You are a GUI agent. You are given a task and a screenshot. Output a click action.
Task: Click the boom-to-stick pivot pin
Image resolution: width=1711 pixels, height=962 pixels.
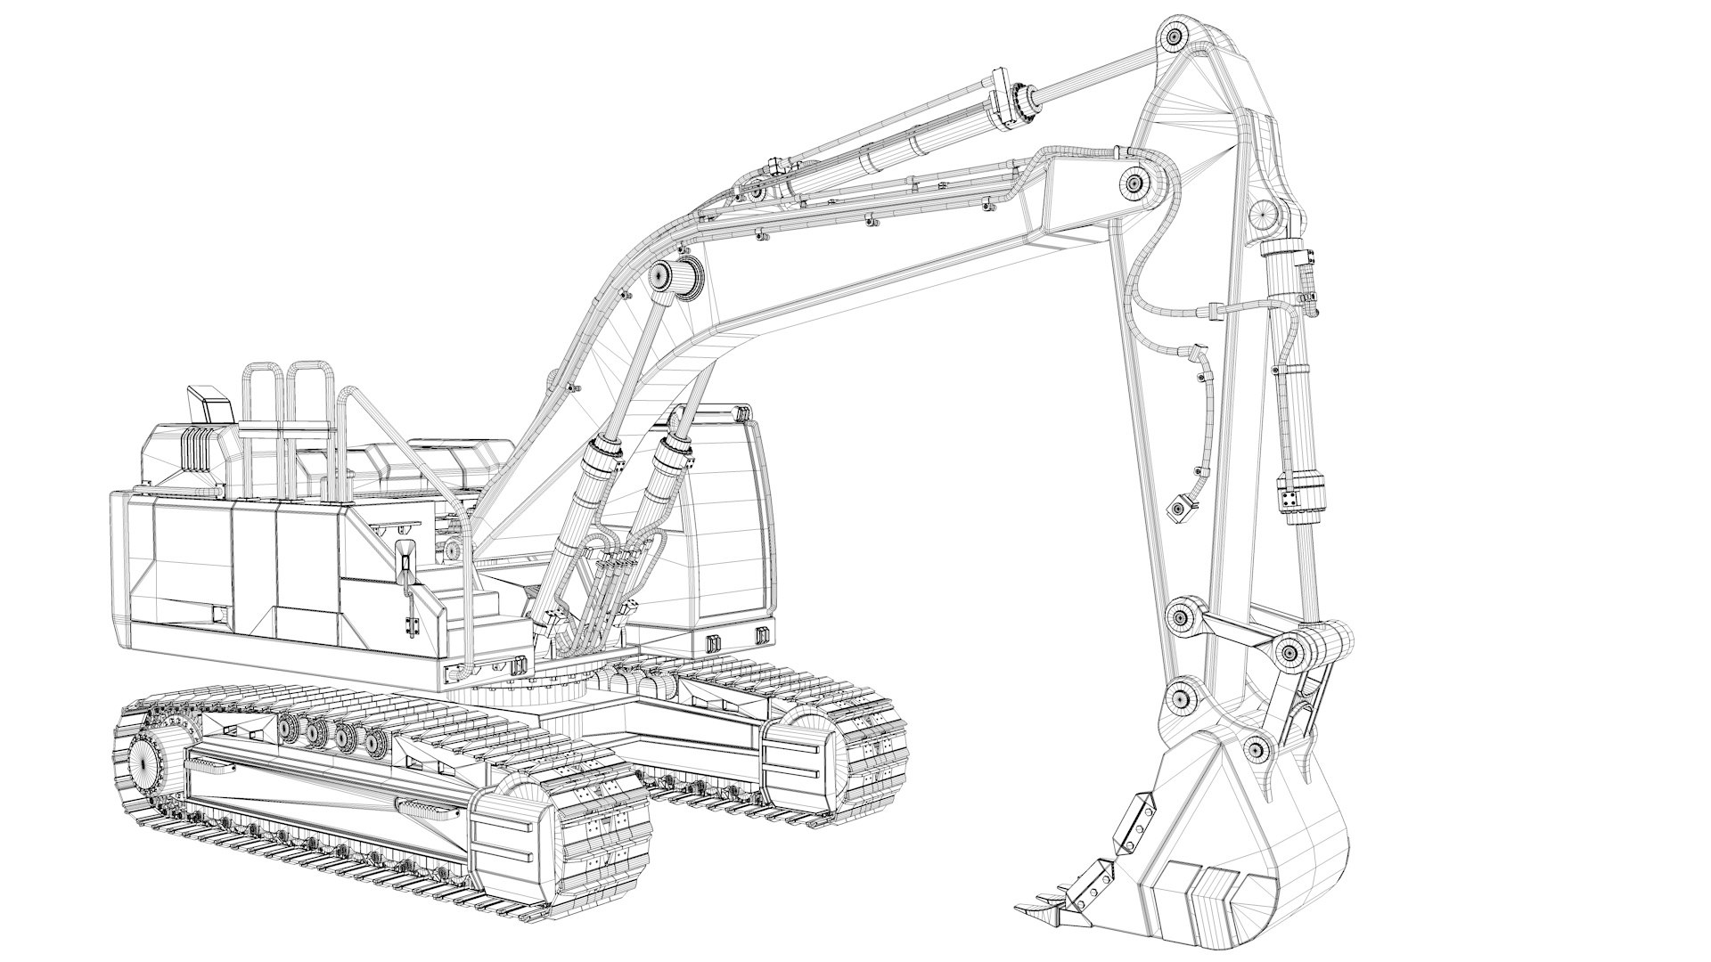click(1135, 183)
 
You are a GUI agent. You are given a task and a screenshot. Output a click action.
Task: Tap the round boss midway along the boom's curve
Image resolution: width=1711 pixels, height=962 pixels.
click(662, 276)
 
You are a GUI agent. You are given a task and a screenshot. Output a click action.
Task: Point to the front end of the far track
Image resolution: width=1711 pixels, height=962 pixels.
click(806, 757)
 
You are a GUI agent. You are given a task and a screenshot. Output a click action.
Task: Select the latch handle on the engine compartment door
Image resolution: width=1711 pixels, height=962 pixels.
click(406, 561)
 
